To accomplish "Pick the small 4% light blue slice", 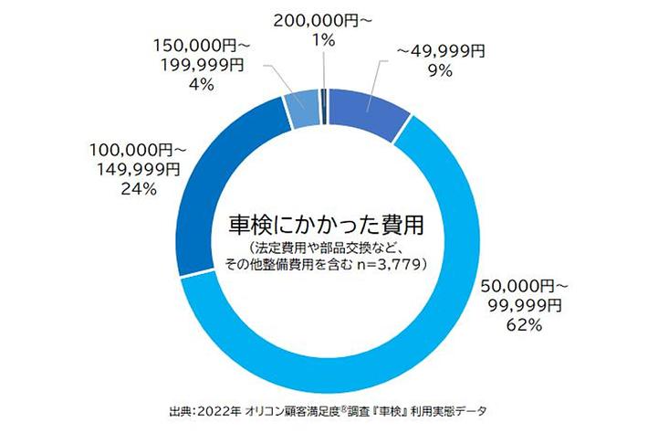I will coord(302,108).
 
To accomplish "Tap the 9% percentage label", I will coord(446,71).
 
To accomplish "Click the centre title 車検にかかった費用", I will coord(326,222).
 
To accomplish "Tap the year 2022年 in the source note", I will coord(222,408).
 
